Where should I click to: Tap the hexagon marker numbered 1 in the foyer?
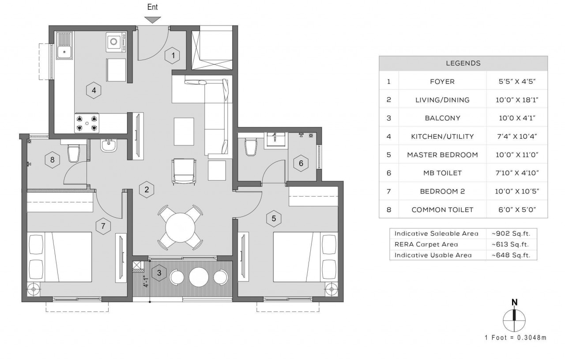(173, 55)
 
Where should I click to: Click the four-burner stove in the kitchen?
(87, 123)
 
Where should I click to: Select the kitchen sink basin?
(64, 52)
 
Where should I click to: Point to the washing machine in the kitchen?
(116, 42)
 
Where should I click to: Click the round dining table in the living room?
(180, 227)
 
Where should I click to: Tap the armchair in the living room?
(184, 172)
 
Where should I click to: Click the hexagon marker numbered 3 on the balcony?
(159, 273)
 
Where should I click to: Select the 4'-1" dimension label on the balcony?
(146, 281)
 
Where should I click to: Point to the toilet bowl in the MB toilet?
(251, 146)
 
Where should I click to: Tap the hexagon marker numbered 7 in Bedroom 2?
(103, 226)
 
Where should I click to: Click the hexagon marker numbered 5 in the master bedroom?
(274, 218)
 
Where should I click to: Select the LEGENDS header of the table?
(463, 63)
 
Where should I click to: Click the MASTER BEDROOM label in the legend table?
(442, 155)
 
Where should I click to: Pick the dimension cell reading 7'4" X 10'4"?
(517, 136)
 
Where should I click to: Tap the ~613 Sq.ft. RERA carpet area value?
(510, 244)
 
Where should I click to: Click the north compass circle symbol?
(514, 320)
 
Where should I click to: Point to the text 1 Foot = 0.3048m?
(516, 337)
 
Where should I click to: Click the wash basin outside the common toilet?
(109, 146)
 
